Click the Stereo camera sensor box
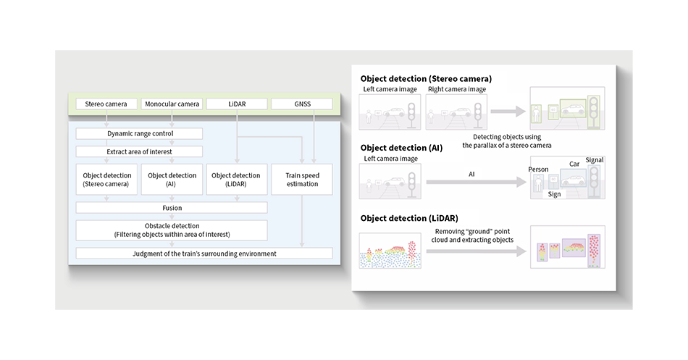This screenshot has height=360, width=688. pyautogui.click(x=106, y=104)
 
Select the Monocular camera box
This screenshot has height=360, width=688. pyautogui.click(x=172, y=104)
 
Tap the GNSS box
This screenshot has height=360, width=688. pyautogui.click(x=302, y=104)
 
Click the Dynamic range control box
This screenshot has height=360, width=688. pyautogui.click(x=140, y=133)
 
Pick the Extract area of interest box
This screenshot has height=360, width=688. pyautogui.click(x=140, y=151)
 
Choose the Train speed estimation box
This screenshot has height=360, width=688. pyautogui.click(x=302, y=180)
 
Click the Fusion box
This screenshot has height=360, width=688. pyautogui.click(x=172, y=208)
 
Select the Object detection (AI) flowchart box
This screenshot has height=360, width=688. pyautogui.click(x=172, y=180)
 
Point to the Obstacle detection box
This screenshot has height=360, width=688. pyautogui.click(x=172, y=230)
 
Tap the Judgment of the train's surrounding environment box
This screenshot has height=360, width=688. pyautogui.click(x=204, y=254)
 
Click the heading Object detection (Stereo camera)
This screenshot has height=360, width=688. pyautogui.click(x=426, y=78)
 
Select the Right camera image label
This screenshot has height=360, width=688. pyautogui.click(x=457, y=89)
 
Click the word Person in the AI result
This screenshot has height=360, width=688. pyautogui.click(x=538, y=169)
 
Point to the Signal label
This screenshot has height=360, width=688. pyautogui.click(x=595, y=160)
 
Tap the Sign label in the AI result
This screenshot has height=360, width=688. pyautogui.click(x=554, y=194)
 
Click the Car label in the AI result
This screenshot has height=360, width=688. pyautogui.click(x=574, y=164)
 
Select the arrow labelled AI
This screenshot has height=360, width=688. pyautogui.click(x=476, y=182)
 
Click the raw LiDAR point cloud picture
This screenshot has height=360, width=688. pyautogui.click(x=390, y=251)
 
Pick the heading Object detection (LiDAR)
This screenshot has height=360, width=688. pyautogui.click(x=409, y=218)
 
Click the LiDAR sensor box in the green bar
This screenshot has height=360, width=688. pyautogui.click(x=237, y=104)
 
